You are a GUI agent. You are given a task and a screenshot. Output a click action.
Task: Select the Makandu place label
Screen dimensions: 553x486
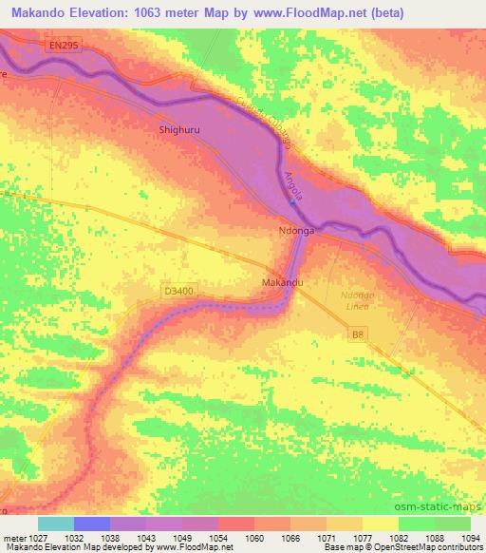tap(282, 283)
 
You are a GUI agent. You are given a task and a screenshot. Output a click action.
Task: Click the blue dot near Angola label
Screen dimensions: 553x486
tap(293, 201)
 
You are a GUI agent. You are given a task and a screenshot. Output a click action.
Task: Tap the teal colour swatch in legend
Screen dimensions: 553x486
tap(56, 524)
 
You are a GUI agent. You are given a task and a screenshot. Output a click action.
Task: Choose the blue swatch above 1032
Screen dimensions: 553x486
tap(92, 524)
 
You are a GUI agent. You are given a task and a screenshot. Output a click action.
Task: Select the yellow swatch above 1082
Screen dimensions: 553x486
tap(381, 524)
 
